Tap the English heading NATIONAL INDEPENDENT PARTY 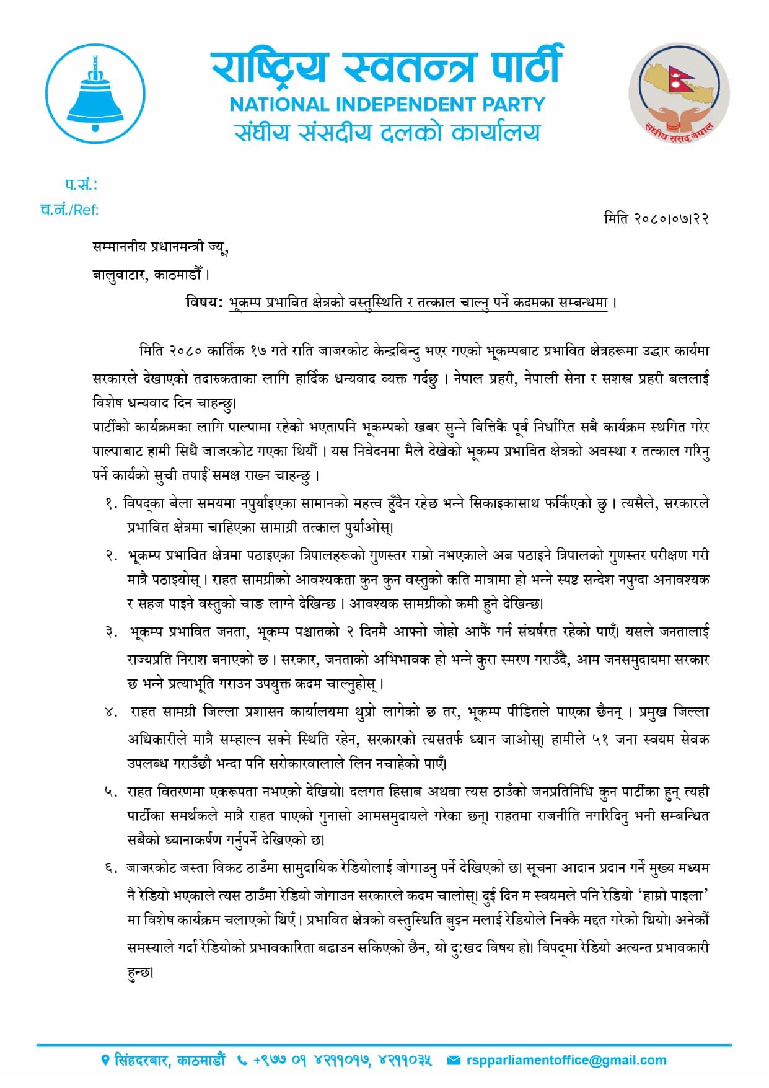(x=387, y=104)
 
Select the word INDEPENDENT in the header (x=408, y=104)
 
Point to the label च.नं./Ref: (x=69, y=210)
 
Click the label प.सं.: (x=81, y=185)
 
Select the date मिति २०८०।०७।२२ (x=656, y=218)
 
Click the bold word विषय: (x=204, y=303)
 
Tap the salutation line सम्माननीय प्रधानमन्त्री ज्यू (x=160, y=247)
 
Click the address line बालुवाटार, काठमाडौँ (x=151, y=274)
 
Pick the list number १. (x=111, y=504)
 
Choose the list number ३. (x=111, y=632)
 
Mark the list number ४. (x=111, y=712)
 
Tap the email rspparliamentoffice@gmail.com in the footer (x=566, y=1061)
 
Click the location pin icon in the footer (x=105, y=1061)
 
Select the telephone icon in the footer (x=242, y=1061)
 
